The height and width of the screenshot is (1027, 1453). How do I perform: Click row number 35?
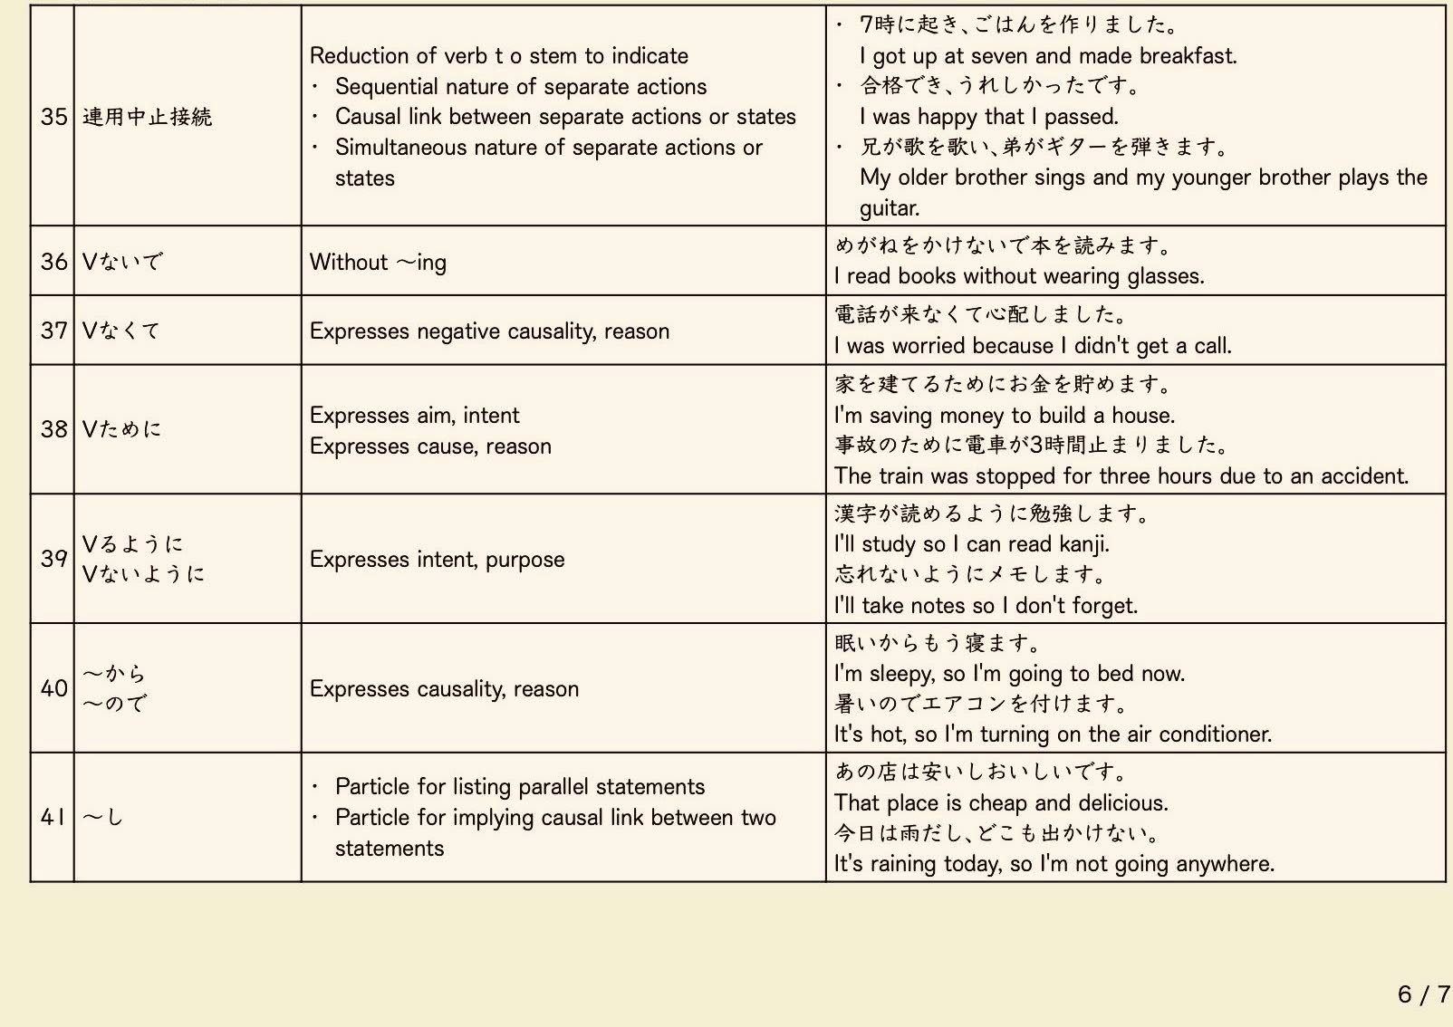53,117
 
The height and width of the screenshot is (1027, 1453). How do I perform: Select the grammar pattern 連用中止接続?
147,117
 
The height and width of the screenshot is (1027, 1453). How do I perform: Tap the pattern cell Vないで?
122,262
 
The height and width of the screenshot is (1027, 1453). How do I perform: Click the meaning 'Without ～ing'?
378,262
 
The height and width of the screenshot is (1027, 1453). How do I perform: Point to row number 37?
53,331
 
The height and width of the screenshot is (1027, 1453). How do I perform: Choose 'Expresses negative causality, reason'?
489,331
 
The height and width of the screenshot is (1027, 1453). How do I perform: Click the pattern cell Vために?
121,429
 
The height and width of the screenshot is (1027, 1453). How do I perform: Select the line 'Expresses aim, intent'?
414,415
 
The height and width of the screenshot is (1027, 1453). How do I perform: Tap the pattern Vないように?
143,574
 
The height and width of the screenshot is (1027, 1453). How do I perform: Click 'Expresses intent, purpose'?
437,560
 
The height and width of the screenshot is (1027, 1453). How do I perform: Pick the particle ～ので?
114,704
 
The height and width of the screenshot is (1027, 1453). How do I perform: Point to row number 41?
53,817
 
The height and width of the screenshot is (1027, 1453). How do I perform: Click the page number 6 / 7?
1423,994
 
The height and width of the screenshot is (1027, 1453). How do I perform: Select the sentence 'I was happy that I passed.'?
989,117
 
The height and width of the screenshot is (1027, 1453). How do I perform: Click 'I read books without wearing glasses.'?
1019,276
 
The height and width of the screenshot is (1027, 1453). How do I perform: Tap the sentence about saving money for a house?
1004,416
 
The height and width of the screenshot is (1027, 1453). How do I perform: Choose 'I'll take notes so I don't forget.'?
986,606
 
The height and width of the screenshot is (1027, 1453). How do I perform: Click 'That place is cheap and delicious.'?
1001,803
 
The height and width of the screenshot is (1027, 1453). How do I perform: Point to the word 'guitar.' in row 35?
890,208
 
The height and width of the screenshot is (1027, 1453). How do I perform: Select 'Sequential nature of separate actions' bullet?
521,87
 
